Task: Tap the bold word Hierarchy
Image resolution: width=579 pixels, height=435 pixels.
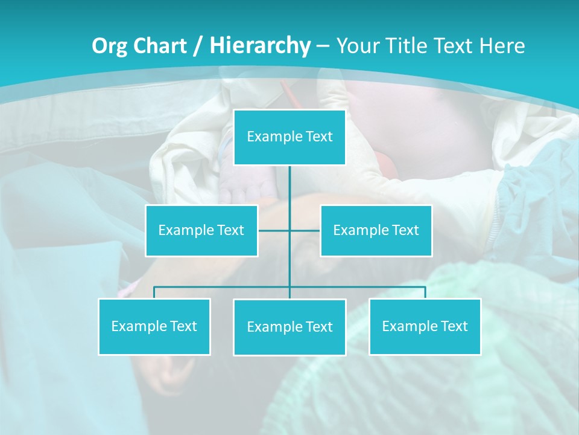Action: (x=260, y=46)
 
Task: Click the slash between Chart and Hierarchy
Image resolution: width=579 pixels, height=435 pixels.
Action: (x=198, y=46)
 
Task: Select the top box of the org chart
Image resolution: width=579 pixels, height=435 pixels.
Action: (x=289, y=137)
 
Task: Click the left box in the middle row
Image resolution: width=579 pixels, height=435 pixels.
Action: (x=201, y=231)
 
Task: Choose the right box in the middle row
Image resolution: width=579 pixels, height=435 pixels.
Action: (x=376, y=231)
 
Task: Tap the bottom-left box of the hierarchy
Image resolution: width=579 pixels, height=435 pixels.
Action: (x=154, y=327)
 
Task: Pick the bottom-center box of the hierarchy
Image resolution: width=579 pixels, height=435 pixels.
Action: (x=289, y=327)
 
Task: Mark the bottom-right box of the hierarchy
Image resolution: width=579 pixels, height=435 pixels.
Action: (x=425, y=327)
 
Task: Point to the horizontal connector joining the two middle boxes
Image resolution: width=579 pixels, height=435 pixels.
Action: (x=305, y=231)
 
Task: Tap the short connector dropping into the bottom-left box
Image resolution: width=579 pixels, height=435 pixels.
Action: (x=154, y=292)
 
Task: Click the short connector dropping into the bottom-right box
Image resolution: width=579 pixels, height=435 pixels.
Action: (x=425, y=292)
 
